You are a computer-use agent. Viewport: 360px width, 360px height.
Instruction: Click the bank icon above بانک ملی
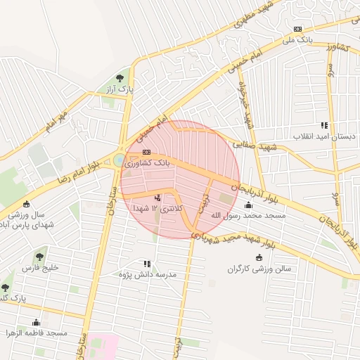point(297,29)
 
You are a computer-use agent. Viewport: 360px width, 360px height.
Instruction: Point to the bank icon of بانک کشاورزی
point(146,152)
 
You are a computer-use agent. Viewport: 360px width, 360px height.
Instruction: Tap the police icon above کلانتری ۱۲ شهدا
point(157,198)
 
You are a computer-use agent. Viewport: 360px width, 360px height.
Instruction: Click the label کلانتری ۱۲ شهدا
point(156,209)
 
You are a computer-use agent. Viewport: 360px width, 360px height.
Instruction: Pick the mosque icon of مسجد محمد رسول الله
point(249,205)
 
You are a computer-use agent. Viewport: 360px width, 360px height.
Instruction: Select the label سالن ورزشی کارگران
point(258,269)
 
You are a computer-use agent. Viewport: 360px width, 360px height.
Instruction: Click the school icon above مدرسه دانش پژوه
point(147,263)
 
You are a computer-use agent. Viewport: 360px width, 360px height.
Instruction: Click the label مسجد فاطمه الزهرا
point(36,332)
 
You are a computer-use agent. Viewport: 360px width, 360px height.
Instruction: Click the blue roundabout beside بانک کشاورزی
point(117,161)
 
